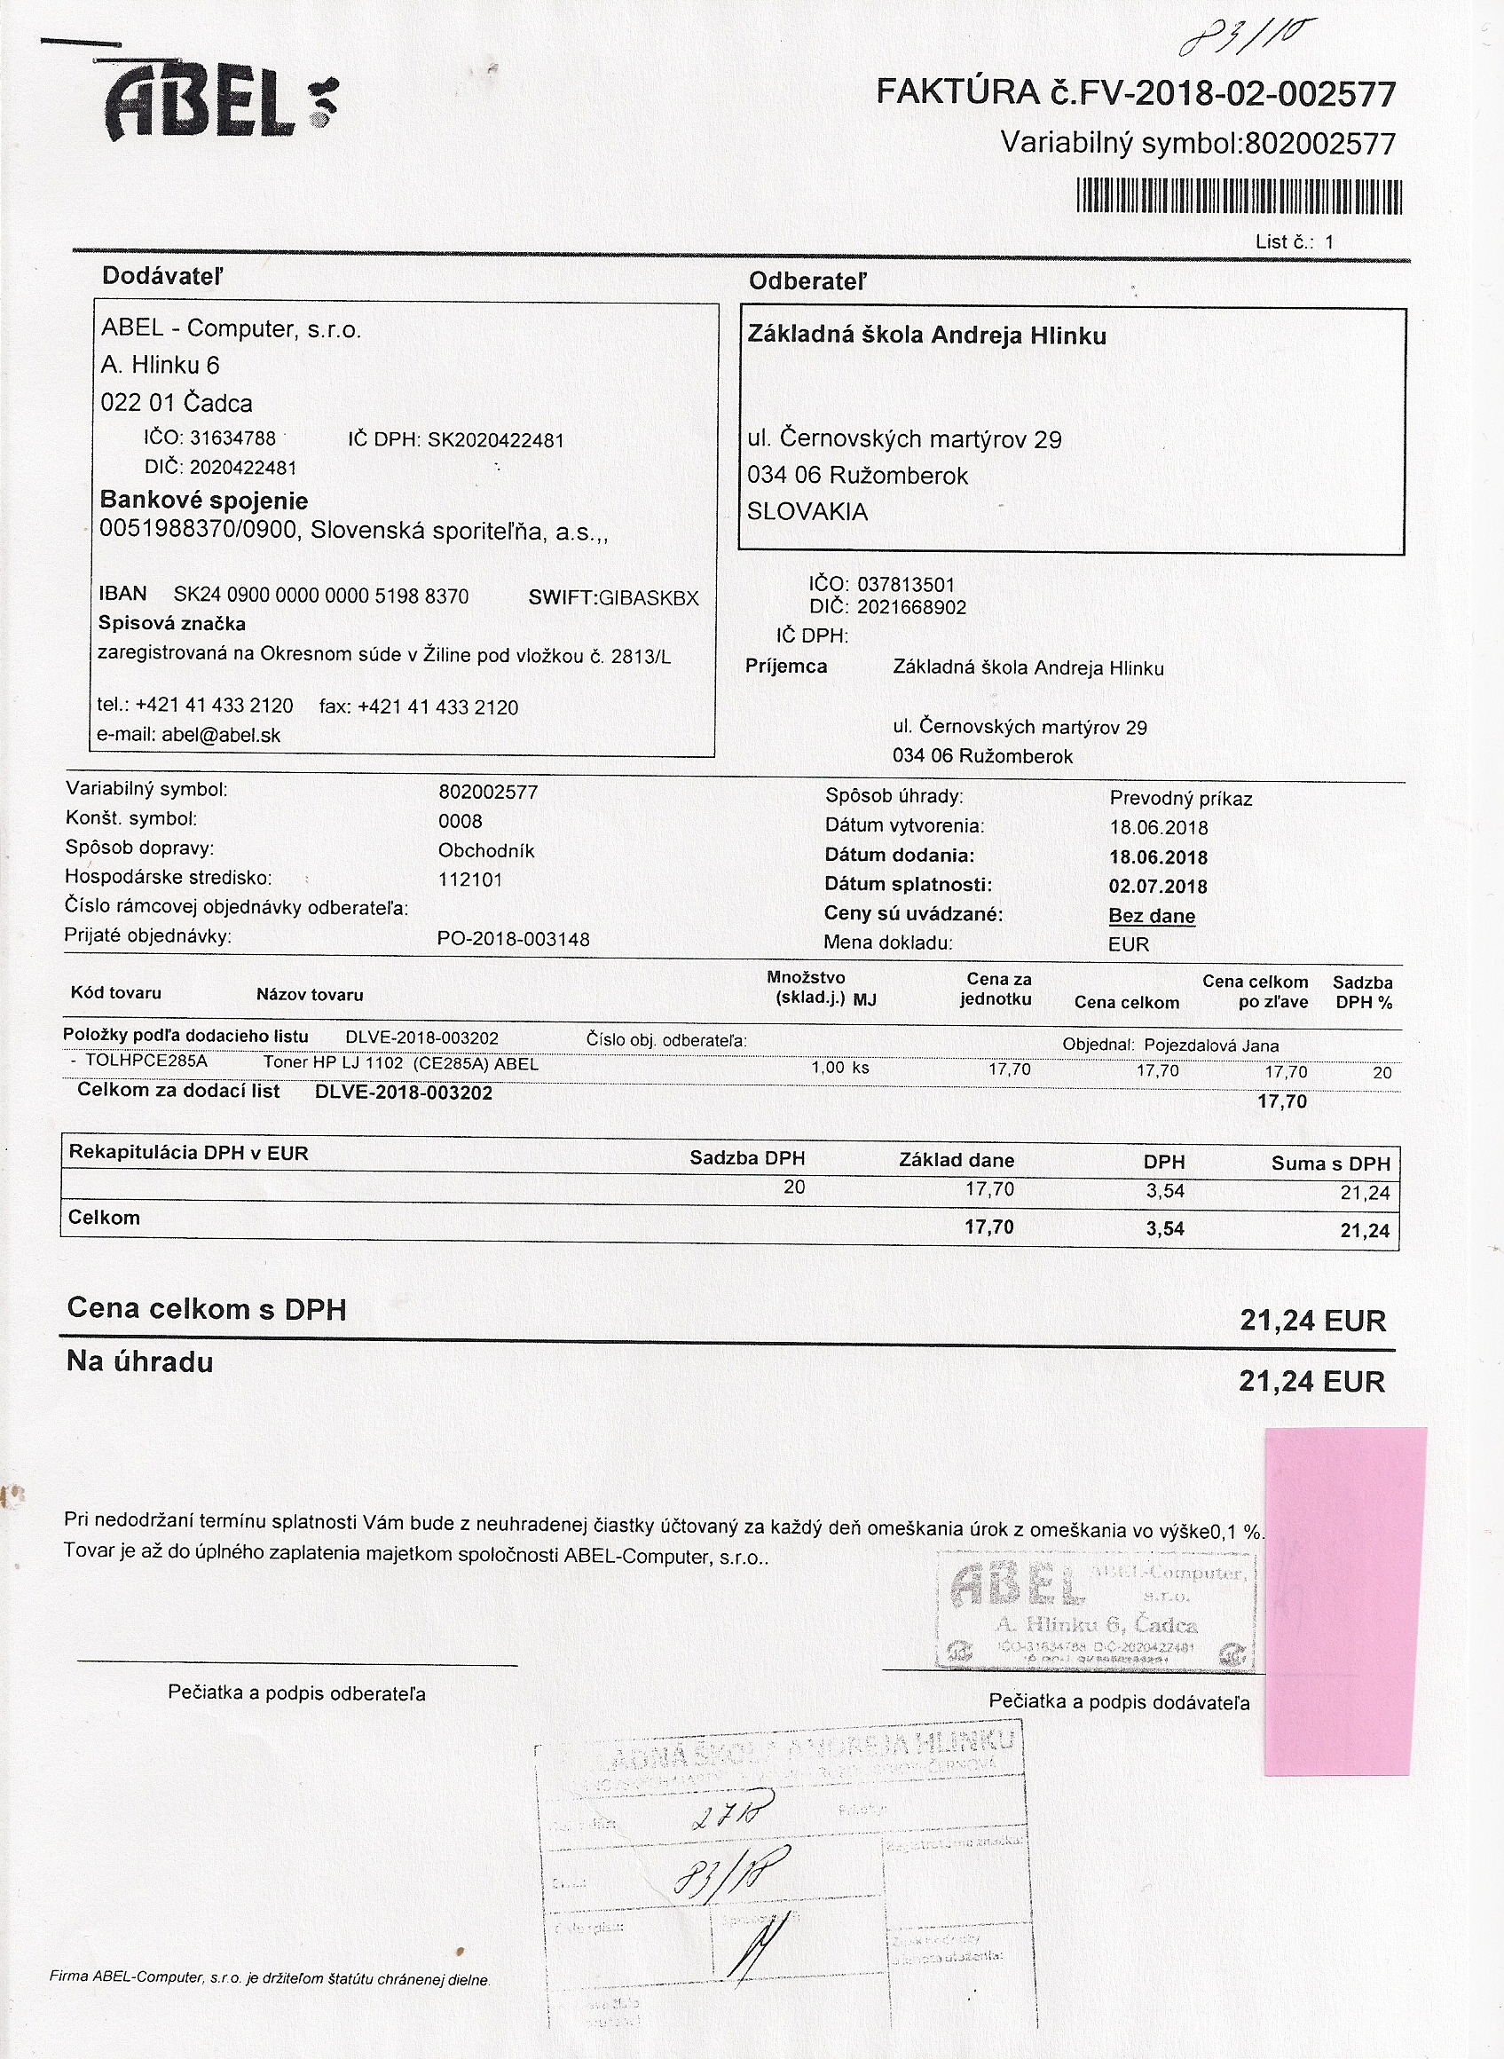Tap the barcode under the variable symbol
pyautogui.click(x=1238, y=197)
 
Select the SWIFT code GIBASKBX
pyautogui.click(x=649, y=598)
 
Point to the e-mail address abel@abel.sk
pyautogui.click(x=221, y=736)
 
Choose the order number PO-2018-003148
pyautogui.click(x=514, y=939)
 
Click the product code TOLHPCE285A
pyautogui.click(x=146, y=1061)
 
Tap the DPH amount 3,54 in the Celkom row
pyautogui.click(x=1164, y=1228)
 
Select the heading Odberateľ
pyautogui.click(x=807, y=281)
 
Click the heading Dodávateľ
pyautogui.click(x=162, y=276)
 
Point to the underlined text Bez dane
pyautogui.click(x=1152, y=916)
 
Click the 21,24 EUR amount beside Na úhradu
pyautogui.click(x=1311, y=1382)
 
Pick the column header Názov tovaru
pyautogui.click(x=310, y=994)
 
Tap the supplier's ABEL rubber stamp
pyautogui.click(x=1095, y=1610)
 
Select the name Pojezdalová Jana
pyautogui.click(x=1211, y=1045)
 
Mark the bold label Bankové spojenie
pyautogui.click(x=204, y=500)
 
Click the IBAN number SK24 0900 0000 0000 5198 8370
pyautogui.click(x=321, y=596)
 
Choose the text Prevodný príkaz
pyautogui.click(x=1181, y=799)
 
